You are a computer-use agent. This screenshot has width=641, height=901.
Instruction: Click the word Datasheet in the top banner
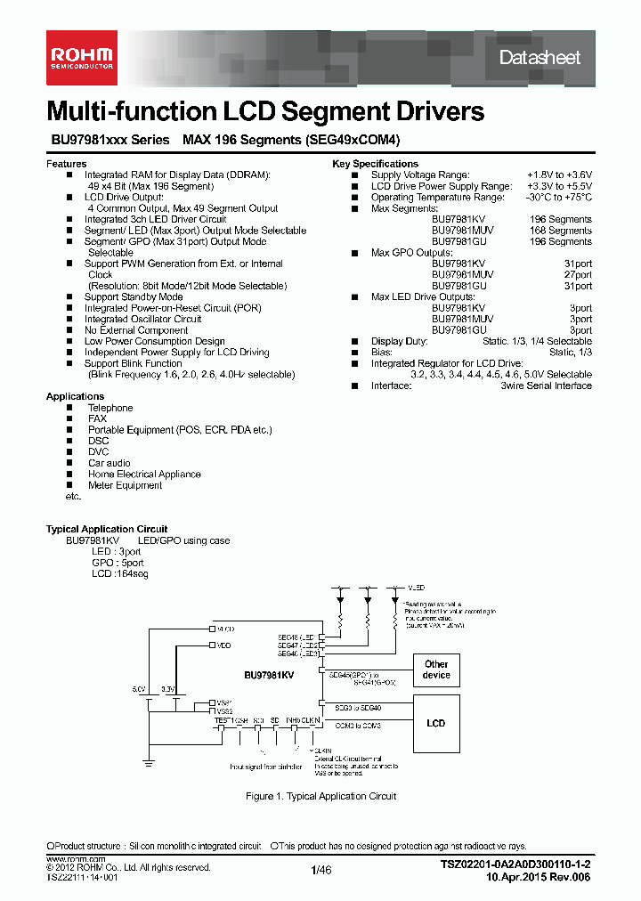(x=540, y=58)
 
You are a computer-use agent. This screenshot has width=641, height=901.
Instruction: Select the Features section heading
(x=66, y=164)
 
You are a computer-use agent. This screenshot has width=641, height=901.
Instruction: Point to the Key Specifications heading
(x=375, y=164)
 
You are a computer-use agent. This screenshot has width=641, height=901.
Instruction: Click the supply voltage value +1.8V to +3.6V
(x=558, y=175)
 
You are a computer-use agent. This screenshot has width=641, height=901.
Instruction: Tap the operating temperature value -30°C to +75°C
(x=558, y=197)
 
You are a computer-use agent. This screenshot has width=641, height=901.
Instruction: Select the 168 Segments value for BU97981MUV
(x=560, y=230)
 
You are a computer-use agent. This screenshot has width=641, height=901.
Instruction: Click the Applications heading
(x=75, y=396)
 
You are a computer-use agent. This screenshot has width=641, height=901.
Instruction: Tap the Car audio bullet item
(x=109, y=463)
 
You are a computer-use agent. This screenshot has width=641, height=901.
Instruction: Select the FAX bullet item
(x=97, y=418)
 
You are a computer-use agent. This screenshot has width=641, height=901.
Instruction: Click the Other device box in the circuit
(x=436, y=670)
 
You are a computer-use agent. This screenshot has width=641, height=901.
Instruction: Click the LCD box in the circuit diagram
(x=436, y=723)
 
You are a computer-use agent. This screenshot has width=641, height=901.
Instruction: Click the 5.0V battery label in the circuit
(x=139, y=689)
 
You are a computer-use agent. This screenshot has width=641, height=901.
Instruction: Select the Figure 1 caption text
(x=320, y=796)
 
